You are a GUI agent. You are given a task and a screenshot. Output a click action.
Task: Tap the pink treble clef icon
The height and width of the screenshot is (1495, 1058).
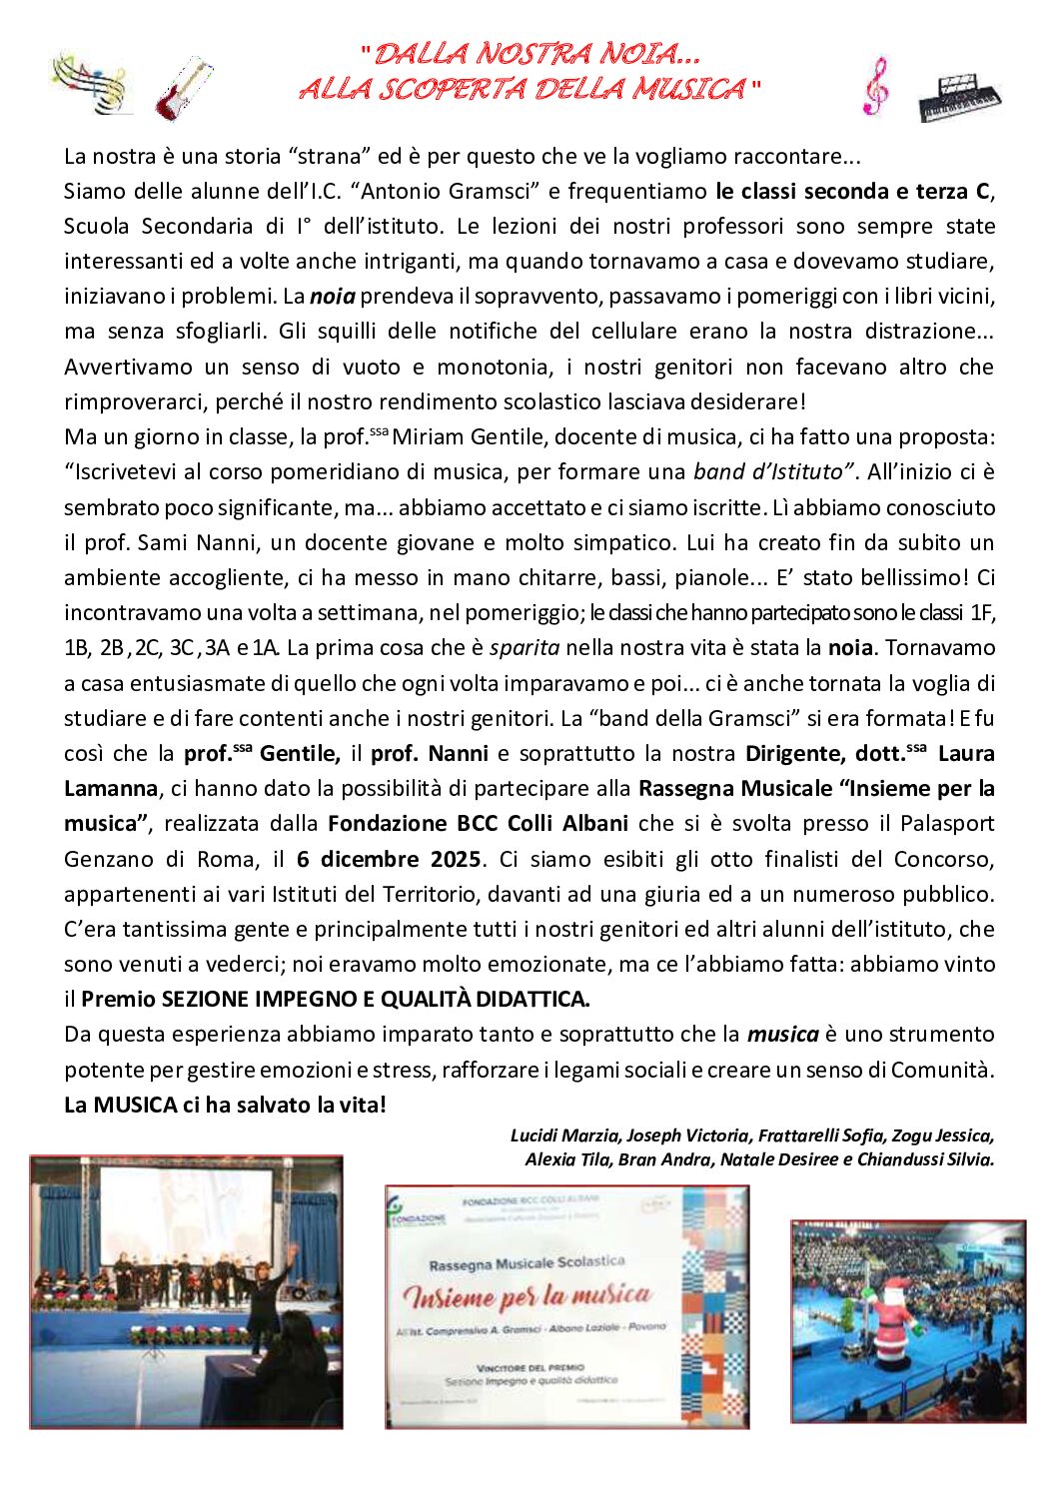875,85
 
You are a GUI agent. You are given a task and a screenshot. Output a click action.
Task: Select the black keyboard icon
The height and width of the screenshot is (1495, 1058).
958,97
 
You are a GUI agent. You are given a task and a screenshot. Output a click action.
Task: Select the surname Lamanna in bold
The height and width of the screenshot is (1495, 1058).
110,788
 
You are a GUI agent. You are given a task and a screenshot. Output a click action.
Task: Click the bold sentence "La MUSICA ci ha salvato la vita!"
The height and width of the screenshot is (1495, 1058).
225,1105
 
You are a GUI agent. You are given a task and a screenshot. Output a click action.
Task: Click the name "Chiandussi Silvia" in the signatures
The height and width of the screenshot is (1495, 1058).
925,1159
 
